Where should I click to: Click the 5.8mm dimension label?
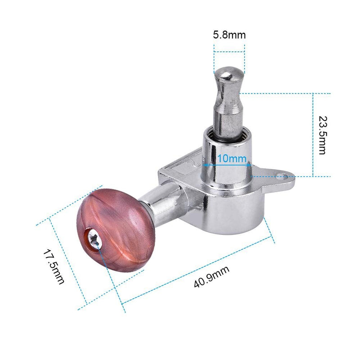point(229,35)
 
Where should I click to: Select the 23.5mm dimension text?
point(322,135)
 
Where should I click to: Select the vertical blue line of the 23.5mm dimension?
point(313,135)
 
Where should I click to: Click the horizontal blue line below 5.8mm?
point(229,53)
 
